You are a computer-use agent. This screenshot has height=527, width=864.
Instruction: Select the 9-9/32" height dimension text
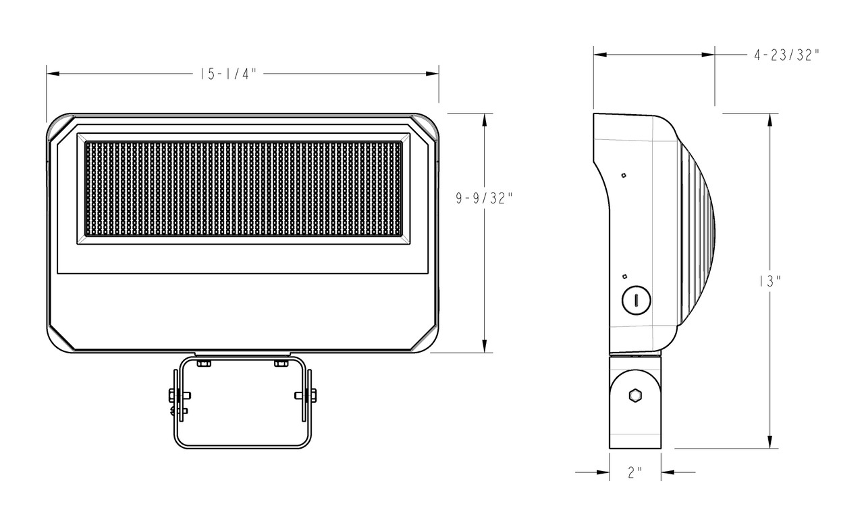click(x=485, y=198)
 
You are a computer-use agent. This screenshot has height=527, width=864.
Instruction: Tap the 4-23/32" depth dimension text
click(x=786, y=55)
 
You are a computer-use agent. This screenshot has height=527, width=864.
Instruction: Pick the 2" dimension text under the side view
click(x=634, y=473)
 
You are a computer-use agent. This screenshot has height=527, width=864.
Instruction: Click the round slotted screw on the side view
click(x=636, y=300)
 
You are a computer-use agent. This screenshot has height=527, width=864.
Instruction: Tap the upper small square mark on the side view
click(x=624, y=176)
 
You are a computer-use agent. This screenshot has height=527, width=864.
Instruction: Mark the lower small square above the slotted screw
click(x=625, y=276)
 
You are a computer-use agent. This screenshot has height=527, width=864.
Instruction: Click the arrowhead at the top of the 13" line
click(x=769, y=120)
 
